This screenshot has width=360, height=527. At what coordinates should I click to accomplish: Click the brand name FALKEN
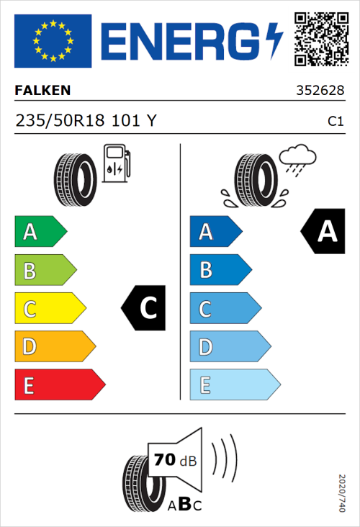(42, 91)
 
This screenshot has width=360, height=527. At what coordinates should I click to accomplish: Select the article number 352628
(319, 91)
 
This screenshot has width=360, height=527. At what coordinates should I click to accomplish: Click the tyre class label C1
(335, 122)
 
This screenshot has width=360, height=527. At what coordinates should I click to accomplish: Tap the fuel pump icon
(117, 163)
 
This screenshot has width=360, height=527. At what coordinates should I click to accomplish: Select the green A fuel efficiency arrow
(40, 232)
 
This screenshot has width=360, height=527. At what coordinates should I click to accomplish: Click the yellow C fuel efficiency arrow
(49, 308)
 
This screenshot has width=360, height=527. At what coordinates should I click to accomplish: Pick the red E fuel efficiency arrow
(59, 385)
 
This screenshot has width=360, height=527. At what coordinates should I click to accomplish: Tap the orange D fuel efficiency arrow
(54, 347)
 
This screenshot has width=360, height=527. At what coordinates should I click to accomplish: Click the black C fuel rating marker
(144, 308)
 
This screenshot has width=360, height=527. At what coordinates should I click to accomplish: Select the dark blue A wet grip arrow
(215, 232)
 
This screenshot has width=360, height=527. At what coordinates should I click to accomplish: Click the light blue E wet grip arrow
(234, 385)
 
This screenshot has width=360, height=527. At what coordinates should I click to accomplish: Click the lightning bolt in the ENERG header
(274, 40)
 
